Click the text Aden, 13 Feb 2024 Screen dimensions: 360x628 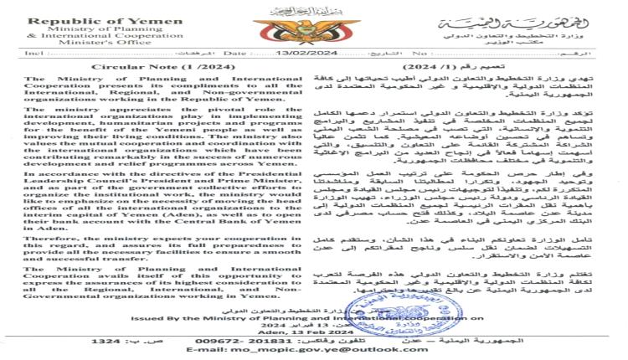[310, 332]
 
